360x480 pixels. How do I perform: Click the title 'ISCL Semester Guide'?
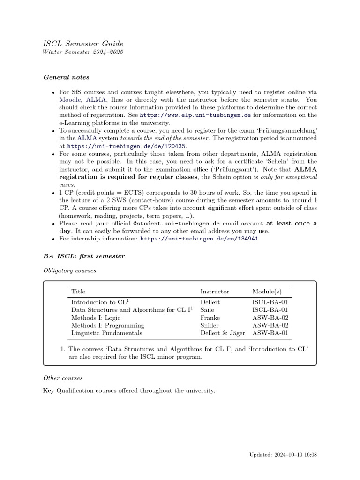[83, 44]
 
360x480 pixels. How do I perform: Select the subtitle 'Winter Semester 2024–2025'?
[83, 52]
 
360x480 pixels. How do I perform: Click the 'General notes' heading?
[66, 77]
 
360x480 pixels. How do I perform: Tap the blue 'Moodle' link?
[70, 100]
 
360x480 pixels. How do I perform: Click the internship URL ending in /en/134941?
[199, 238]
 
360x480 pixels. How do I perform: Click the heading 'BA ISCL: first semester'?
[84, 256]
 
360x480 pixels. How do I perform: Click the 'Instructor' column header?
[215, 292]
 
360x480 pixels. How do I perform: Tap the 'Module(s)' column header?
[267, 292]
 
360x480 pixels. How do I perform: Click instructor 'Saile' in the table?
[208, 310]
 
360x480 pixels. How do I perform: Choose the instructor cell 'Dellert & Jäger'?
[223, 333]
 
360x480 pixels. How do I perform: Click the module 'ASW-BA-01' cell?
[270, 333]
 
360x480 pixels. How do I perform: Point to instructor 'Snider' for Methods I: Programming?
[210, 325]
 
